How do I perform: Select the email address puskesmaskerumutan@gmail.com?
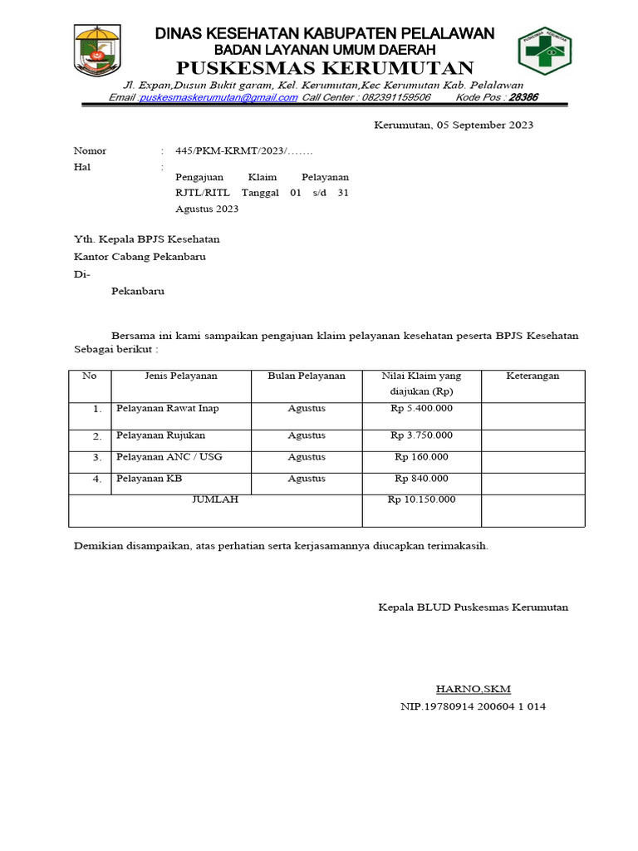coord(218,97)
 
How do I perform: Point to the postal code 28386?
coord(523,97)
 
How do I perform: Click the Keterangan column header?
coord(532,376)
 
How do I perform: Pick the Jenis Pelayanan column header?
coord(180,376)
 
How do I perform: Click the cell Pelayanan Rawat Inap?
coord(168,409)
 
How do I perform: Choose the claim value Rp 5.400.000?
coord(421,409)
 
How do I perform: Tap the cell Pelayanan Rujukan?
coord(160,435)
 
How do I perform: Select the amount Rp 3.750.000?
coord(421,435)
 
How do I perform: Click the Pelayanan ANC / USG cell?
coord(169,457)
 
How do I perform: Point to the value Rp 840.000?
coord(421,478)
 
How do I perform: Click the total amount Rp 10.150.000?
coord(421,499)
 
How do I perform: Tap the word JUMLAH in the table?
coord(215,499)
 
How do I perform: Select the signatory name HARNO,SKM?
coord(474,689)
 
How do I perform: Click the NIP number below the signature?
coord(473,706)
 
